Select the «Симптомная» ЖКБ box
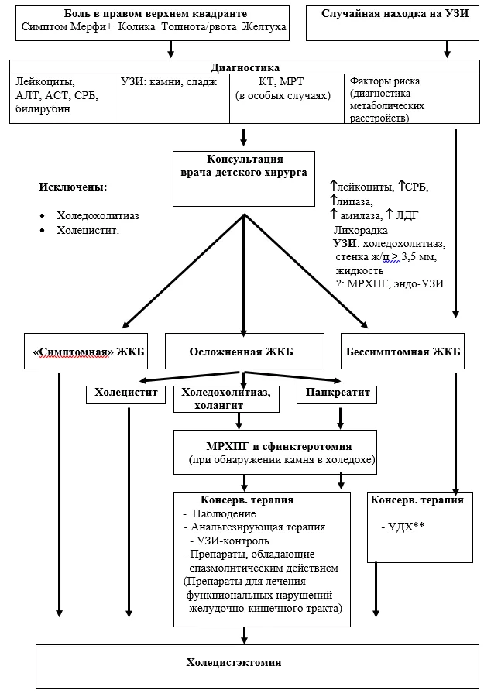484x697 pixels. point(86,351)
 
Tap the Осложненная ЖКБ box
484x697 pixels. point(245,351)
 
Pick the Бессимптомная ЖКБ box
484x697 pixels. point(403,351)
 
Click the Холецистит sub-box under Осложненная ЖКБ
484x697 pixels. point(125,395)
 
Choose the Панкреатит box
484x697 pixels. point(337,395)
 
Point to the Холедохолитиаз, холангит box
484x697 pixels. point(227,399)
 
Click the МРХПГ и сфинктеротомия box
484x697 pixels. point(275,452)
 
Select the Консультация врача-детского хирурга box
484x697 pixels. point(244,179)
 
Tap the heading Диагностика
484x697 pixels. point(245,67)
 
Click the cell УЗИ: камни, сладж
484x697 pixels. point(173,98)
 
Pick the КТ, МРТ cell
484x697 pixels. point(287,98)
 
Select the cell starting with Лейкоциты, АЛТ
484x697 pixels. point(62,98)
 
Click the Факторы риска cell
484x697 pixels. point(412,98)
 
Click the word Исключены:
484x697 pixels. point(73,187)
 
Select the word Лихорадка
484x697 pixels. point(360,230)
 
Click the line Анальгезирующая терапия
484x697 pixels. point(258,527)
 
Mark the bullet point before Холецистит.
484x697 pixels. point(43,231)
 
